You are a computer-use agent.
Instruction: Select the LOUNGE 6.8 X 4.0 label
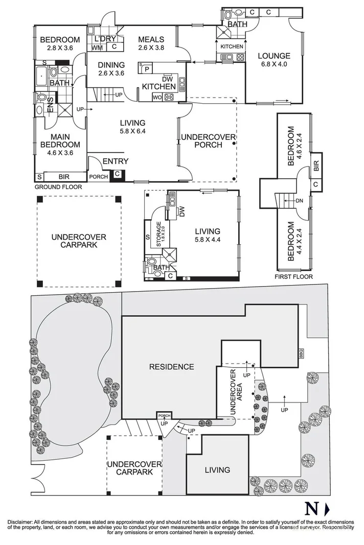point(274,60)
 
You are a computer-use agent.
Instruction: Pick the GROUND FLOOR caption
point(58,187)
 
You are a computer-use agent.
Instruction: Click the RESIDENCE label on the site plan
point(171,367)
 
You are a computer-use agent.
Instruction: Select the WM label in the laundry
point(97,48)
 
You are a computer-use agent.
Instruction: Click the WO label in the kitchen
point(157,97)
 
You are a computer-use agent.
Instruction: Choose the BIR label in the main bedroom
point(64,177)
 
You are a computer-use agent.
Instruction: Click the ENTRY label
point(116,161)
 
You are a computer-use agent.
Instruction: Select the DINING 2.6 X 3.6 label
point(111,69)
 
